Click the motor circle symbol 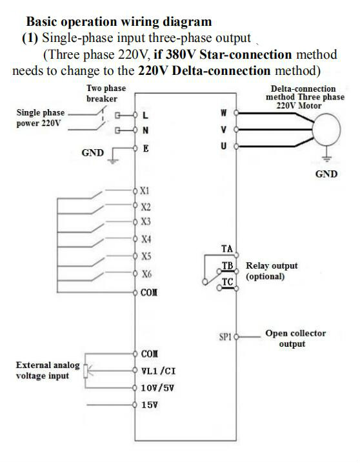(x=326, y=130)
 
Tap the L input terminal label (x=145, y=115)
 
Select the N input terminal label (x=145, y=130)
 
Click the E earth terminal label (x=146, y=149)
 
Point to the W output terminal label (x=224, y=112)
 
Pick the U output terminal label (x=224, y=146)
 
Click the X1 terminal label (x=145, y=190)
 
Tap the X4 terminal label (x=146, y=238)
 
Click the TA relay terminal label (x=227, y=249)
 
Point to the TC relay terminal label (x=228, y=282)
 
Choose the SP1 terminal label (x=225, y=336)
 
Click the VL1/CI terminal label (x=158, y=371)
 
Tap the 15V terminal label (x=149, y=404)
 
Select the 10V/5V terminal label (x=157, y=387)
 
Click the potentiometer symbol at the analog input (x=86, y=371)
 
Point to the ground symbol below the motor (x=326, y=158)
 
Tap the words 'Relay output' (x=272, y=265)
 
